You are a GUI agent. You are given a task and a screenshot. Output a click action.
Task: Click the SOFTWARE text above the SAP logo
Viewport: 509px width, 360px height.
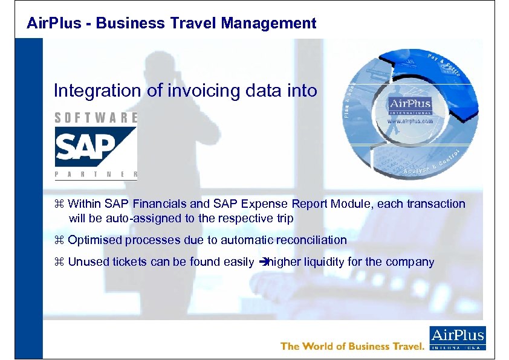(96, 118)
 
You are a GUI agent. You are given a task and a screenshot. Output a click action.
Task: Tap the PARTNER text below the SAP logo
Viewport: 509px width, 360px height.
(96, 175)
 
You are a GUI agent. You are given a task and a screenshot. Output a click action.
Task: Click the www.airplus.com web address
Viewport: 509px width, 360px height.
(410, 121)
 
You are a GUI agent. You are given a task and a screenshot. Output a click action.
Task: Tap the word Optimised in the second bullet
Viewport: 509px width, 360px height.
(95, 240)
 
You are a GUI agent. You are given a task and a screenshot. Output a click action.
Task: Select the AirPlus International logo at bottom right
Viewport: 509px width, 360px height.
(457, 339)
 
